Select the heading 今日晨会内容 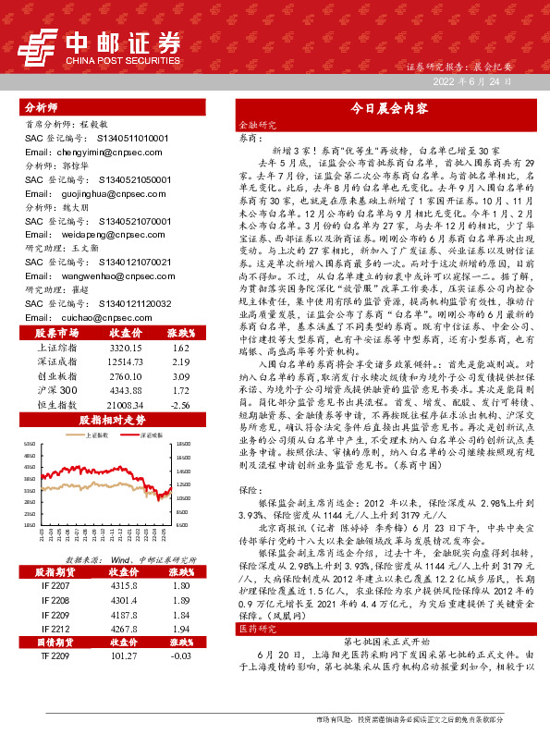click(x=387, y=108)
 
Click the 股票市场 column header click(x=57, y=332)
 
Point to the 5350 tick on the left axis click(x=30, y=446)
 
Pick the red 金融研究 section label click(x=258, y=123)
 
